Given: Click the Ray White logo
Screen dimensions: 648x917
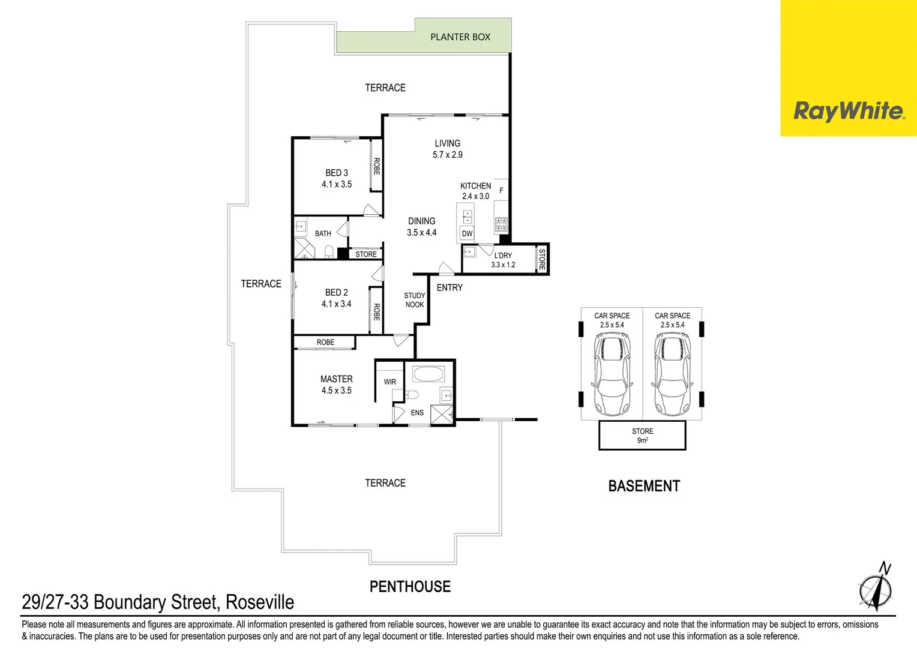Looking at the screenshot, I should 848,111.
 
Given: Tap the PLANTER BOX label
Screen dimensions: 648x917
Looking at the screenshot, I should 460,37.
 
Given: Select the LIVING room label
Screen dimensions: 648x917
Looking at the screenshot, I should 447,143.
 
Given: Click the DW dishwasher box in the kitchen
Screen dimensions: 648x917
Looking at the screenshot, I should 467,233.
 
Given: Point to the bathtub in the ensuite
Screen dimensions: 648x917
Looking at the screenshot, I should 428,374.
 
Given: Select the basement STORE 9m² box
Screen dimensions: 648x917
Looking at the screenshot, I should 642,436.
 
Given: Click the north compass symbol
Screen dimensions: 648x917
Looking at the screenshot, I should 876,588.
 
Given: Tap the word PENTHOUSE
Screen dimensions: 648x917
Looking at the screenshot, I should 410,587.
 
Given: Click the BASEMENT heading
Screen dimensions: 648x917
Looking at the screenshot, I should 644,486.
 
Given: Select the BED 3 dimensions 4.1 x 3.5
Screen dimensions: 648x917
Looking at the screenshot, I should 336,184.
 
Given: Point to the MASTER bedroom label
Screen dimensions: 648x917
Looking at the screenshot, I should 336,379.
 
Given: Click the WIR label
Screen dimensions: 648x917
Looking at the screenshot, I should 389,382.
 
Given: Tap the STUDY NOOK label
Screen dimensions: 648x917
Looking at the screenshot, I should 414,300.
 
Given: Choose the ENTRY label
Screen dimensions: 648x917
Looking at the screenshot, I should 449,288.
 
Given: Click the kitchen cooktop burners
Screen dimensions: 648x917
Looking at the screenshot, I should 501,225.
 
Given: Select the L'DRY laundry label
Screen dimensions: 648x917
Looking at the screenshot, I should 503,256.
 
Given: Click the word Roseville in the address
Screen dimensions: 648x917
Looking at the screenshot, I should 260,602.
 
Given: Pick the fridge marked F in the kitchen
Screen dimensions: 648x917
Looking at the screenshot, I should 501,191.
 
